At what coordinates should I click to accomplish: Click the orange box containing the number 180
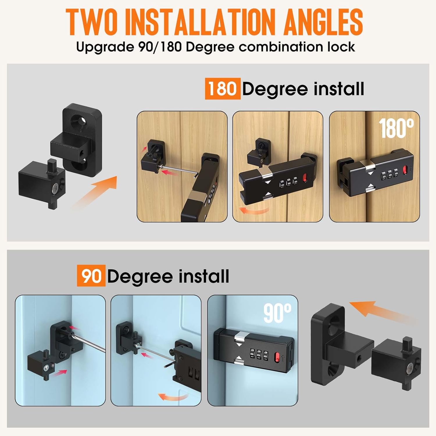[x=223, y=89]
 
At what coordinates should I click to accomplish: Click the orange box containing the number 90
[x=91, y=276]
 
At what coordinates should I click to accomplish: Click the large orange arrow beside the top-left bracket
[x=96, y=192]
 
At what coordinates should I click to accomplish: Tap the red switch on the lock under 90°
[x=277, y=357]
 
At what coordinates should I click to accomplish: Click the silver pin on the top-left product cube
[x=54, y=190]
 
